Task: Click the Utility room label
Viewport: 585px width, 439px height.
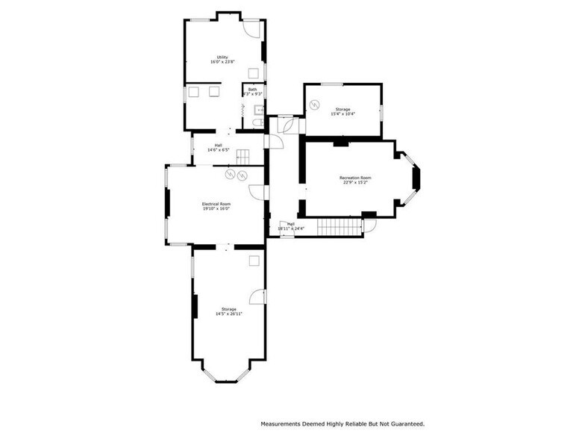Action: click(222, 57)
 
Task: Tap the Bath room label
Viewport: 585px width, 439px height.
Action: click(252, 89)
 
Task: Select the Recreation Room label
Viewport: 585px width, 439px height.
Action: click(355, 178)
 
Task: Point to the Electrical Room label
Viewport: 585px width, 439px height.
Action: click(216, 204)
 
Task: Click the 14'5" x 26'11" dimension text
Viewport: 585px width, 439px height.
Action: click(228, 314)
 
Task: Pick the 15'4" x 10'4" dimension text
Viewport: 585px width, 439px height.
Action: click(342, 114)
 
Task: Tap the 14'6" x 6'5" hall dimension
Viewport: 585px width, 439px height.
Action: click(218, 150)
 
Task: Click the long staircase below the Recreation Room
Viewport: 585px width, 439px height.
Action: click(340, 225)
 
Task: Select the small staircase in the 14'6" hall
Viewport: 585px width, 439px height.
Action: click(243, 157)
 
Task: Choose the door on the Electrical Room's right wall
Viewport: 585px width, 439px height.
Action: click(256, 193)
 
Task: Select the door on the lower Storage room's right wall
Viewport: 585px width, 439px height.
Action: click(257, 296)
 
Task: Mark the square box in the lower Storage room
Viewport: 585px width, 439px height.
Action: click(254, 260)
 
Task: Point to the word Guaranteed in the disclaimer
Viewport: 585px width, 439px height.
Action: click(404, 423)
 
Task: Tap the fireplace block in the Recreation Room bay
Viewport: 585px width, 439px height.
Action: click(417, 178)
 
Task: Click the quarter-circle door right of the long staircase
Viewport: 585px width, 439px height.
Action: click(369, 225)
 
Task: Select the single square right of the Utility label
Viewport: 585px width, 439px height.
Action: click(254, 72)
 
